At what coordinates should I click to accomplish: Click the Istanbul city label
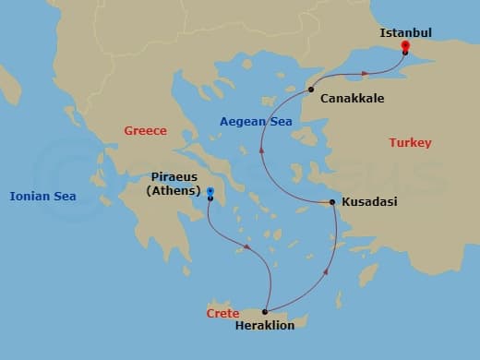pyautogui.click(x=405, y=33)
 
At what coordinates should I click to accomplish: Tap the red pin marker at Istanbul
pyautogui.click(x=405, y=45)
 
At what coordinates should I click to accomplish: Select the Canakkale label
pyautogui.click(x=352, y=98)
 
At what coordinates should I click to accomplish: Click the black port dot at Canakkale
pyautogui.click(x=312, y=90)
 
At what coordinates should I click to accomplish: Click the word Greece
pyautogui.click(x=145, y=131)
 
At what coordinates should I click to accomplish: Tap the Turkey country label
pyautogui.click(x=410, y=142)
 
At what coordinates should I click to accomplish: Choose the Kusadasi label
pyautogui.click(x=369, y=201)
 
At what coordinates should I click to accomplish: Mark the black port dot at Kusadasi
pyautogui.click(x=332, y=202)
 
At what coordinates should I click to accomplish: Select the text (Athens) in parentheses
pyautogui.click(x=173, y=191)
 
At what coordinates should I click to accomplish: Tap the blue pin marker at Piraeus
pyautogui.click(x=210, y=192)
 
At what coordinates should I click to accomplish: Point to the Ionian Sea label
pyautogui.click(x=42, y=196)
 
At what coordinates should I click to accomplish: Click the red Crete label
pyautogui.click(x=222, y=314)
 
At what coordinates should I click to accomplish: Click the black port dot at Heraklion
pyautogui.click(x=265, y=312)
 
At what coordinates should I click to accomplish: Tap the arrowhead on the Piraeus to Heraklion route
pyautogui.click(x=246, y=246)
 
